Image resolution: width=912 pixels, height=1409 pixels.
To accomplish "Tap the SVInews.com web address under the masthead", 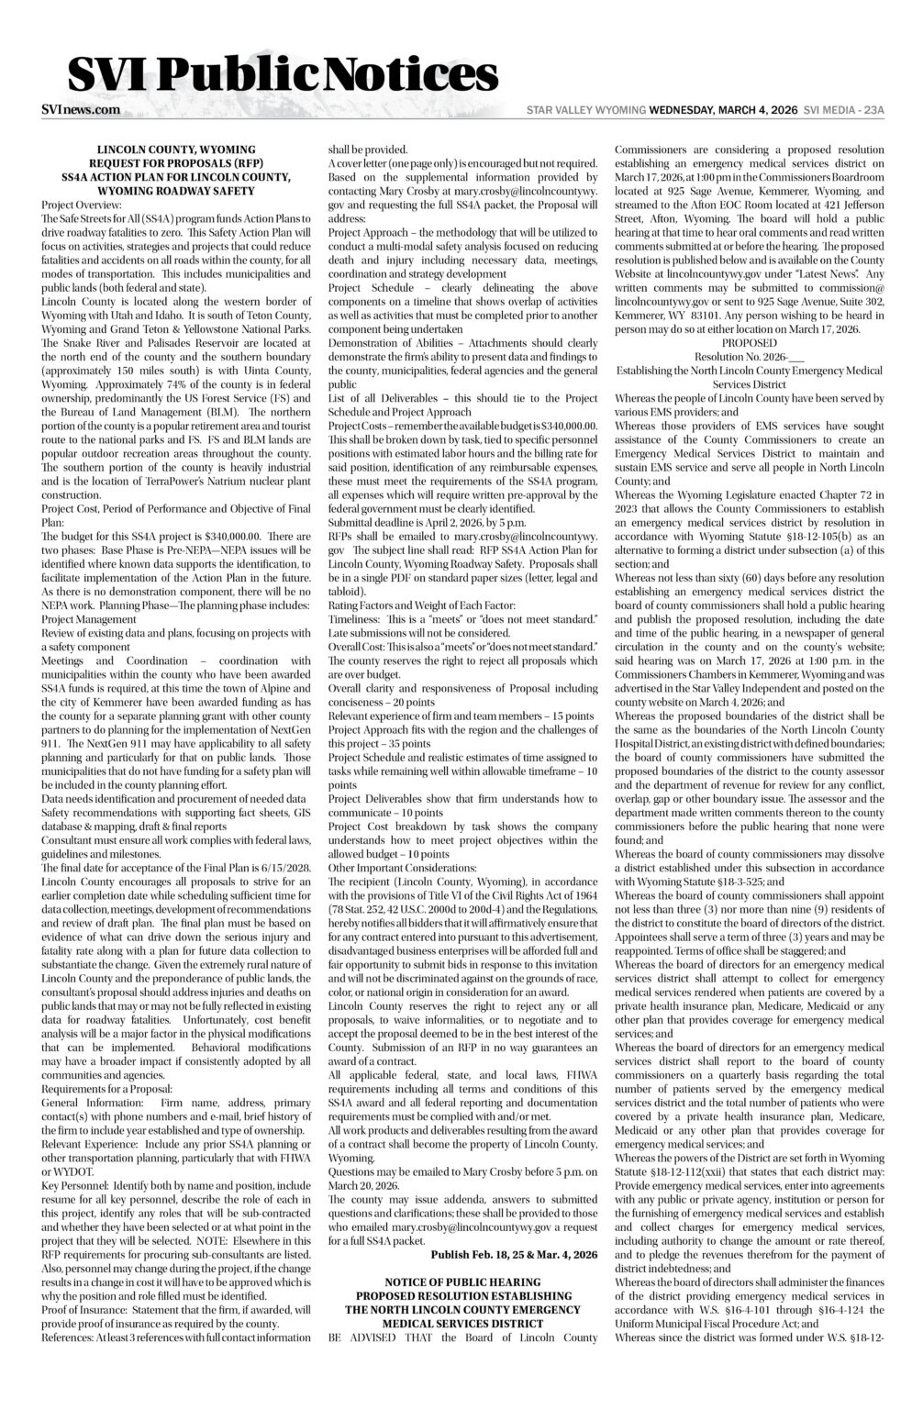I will point(81,109).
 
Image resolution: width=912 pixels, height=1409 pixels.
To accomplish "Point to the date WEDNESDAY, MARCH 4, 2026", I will point(723,110).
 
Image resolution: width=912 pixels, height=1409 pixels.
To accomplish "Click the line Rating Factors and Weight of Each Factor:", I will point(422,605).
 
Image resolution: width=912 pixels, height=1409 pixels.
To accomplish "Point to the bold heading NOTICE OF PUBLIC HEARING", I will point(462,1281).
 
